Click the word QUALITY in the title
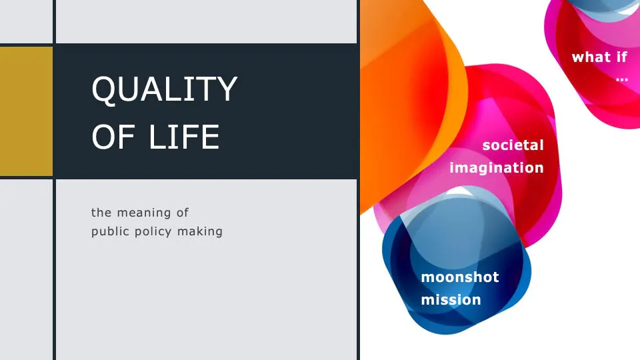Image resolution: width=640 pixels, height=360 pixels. point(165,89)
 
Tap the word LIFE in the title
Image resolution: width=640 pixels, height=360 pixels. point(184,137)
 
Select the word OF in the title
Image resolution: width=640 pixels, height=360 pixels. point(113,137)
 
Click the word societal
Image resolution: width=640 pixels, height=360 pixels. point(513,145)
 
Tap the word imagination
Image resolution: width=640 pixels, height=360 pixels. point(497,168)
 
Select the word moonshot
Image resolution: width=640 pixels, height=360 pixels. point(460,277)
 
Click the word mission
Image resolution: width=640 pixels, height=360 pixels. point(451,300)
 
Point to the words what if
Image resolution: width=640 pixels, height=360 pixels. point(599,57)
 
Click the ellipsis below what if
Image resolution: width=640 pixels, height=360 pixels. point(622,79)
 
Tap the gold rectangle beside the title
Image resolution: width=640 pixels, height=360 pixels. point(26,111)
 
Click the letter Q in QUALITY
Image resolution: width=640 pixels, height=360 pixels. point(104,89)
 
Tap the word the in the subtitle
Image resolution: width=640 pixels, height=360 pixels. point(101,213)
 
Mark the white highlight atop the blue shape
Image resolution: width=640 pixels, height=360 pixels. point(459,191)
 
